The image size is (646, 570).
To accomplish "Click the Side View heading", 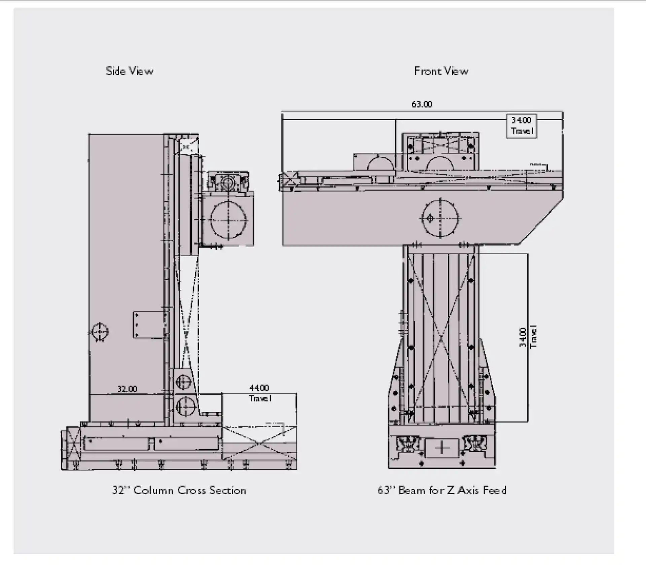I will (130, 71).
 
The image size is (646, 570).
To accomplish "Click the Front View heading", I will (441, 71).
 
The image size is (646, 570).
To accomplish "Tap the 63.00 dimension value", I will (422, 105).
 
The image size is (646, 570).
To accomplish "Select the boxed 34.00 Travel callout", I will (522, 126).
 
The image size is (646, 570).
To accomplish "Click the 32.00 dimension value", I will (127, 389).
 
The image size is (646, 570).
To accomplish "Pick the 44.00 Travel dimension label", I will (259, 393).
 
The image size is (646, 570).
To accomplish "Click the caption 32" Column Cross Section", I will (179, 491).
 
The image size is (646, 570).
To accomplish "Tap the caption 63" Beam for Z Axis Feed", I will (442, 491).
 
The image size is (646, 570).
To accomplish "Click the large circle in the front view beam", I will (440, 218).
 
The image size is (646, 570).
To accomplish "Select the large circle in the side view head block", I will (228, 220).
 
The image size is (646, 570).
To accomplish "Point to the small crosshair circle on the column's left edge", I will (100, 332).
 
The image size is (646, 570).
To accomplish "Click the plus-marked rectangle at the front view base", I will (442, 448).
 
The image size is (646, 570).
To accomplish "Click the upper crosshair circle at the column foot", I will (183, 382).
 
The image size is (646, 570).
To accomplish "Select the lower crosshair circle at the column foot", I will (185, 407).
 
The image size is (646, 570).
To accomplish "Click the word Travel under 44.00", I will (260, 399).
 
